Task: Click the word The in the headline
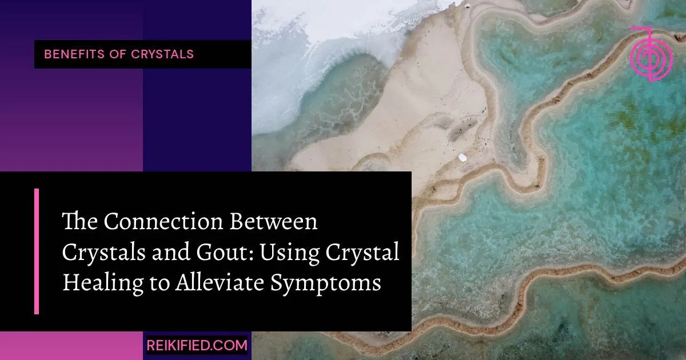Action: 75,222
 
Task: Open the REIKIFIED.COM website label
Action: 197,345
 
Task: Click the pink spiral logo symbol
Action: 651,53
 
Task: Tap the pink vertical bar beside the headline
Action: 37,251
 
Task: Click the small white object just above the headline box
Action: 462,157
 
